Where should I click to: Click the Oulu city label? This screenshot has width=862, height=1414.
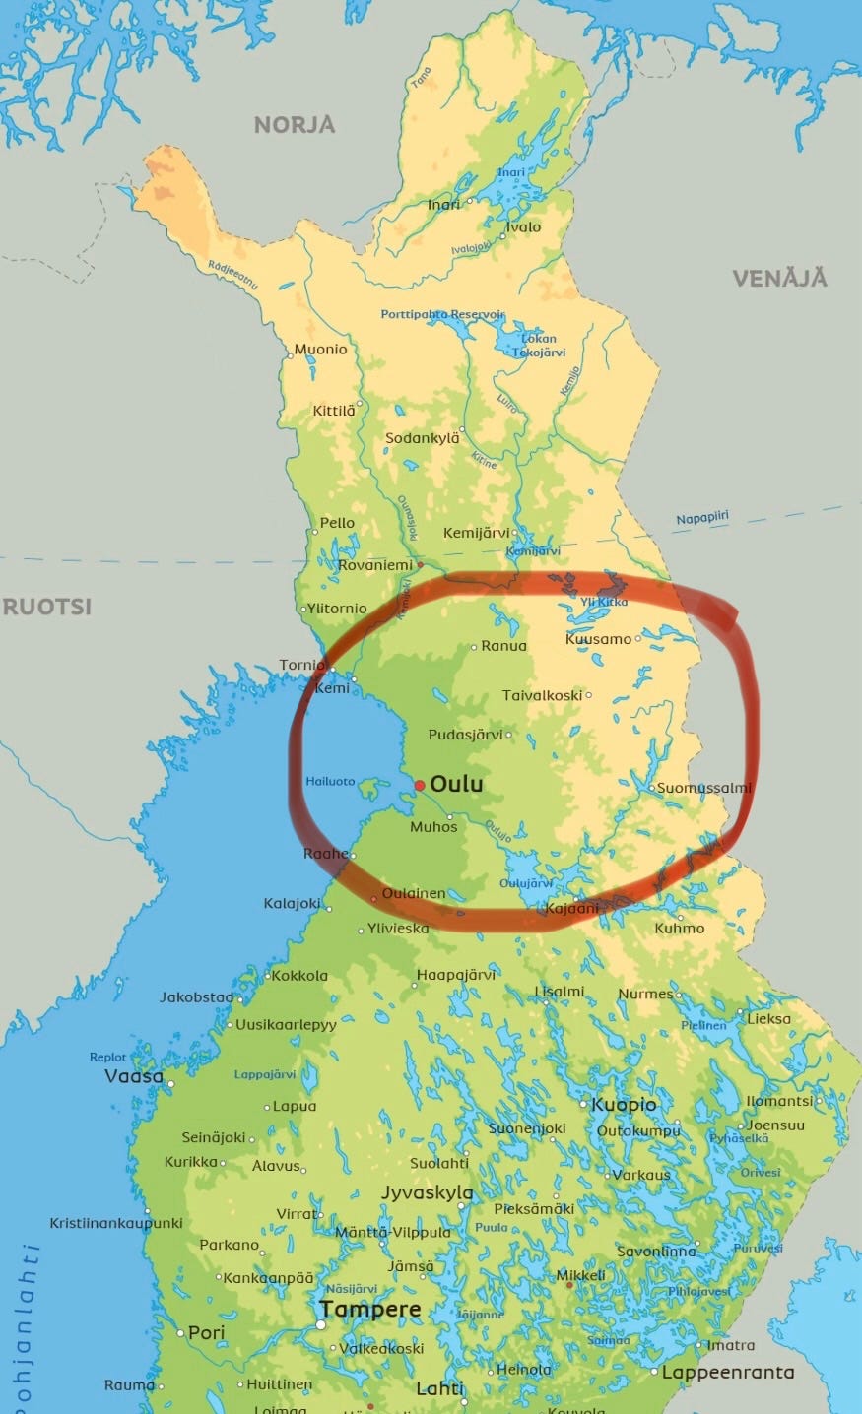(x=457, y=785)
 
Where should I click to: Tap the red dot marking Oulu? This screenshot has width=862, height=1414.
(x=420, y=785)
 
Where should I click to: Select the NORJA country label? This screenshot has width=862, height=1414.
(x=295, y=124)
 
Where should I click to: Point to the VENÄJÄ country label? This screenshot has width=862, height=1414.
(x=779, y=278)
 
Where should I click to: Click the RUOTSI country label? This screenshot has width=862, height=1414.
(x=47, y=606)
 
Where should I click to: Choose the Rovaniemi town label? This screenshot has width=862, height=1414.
(x=375, y=565)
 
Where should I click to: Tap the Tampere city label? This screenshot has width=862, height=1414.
(x=369, y=1310)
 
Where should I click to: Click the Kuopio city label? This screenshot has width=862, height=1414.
(x=624, y=1104)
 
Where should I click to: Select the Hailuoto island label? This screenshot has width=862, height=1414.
(x=330, y=781)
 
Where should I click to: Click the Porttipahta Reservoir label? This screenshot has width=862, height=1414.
(x=442, y=314)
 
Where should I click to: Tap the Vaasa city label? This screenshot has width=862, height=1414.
(x=134, y=1076)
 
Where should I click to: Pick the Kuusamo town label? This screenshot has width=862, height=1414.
(x=598, y=639)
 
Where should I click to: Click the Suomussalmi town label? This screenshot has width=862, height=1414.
(x=703, y=787)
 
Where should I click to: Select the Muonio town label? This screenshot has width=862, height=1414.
(x=321, y=349)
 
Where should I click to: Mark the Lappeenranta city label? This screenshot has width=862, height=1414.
(x=728, y=1372)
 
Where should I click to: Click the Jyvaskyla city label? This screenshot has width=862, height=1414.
(x=428, y=1192)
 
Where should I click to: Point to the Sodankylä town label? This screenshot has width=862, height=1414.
(x=423, y=437)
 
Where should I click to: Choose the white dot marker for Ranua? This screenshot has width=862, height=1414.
(x=474, y=647)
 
